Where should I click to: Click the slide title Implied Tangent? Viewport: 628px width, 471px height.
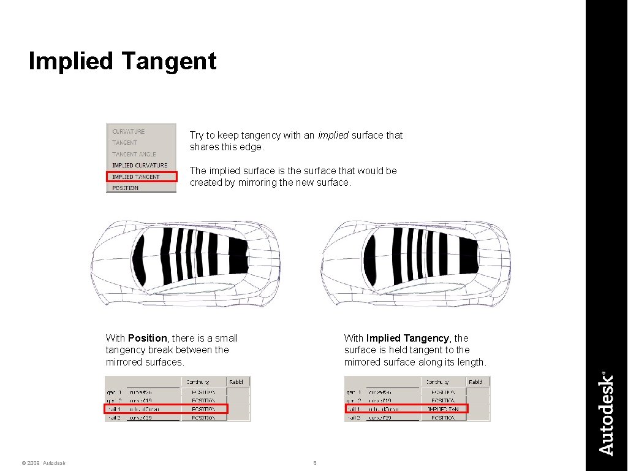(123, 61)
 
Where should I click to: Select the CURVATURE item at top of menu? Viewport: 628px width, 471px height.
(129, 131)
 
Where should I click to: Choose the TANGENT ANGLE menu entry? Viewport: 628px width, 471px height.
(134, 154)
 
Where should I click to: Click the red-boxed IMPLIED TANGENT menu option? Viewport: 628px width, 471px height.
(142, 177)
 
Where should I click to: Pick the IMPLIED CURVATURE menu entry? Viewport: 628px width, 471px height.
(140, 165)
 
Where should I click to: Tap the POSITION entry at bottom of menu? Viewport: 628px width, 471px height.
(126, 188)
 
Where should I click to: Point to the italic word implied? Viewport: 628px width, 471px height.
(333, 135)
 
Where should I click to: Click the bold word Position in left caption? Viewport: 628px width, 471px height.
(147, 338)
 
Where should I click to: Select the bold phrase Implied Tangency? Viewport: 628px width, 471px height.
(407, 338)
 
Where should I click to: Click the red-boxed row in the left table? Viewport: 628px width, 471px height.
(166, 408)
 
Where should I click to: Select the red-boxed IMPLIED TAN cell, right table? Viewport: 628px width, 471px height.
(443, 408)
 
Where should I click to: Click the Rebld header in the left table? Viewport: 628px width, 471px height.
(236, 382)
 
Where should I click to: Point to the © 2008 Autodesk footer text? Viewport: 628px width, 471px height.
(43, 463)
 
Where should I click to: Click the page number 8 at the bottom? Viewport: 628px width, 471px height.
(315, 463)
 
